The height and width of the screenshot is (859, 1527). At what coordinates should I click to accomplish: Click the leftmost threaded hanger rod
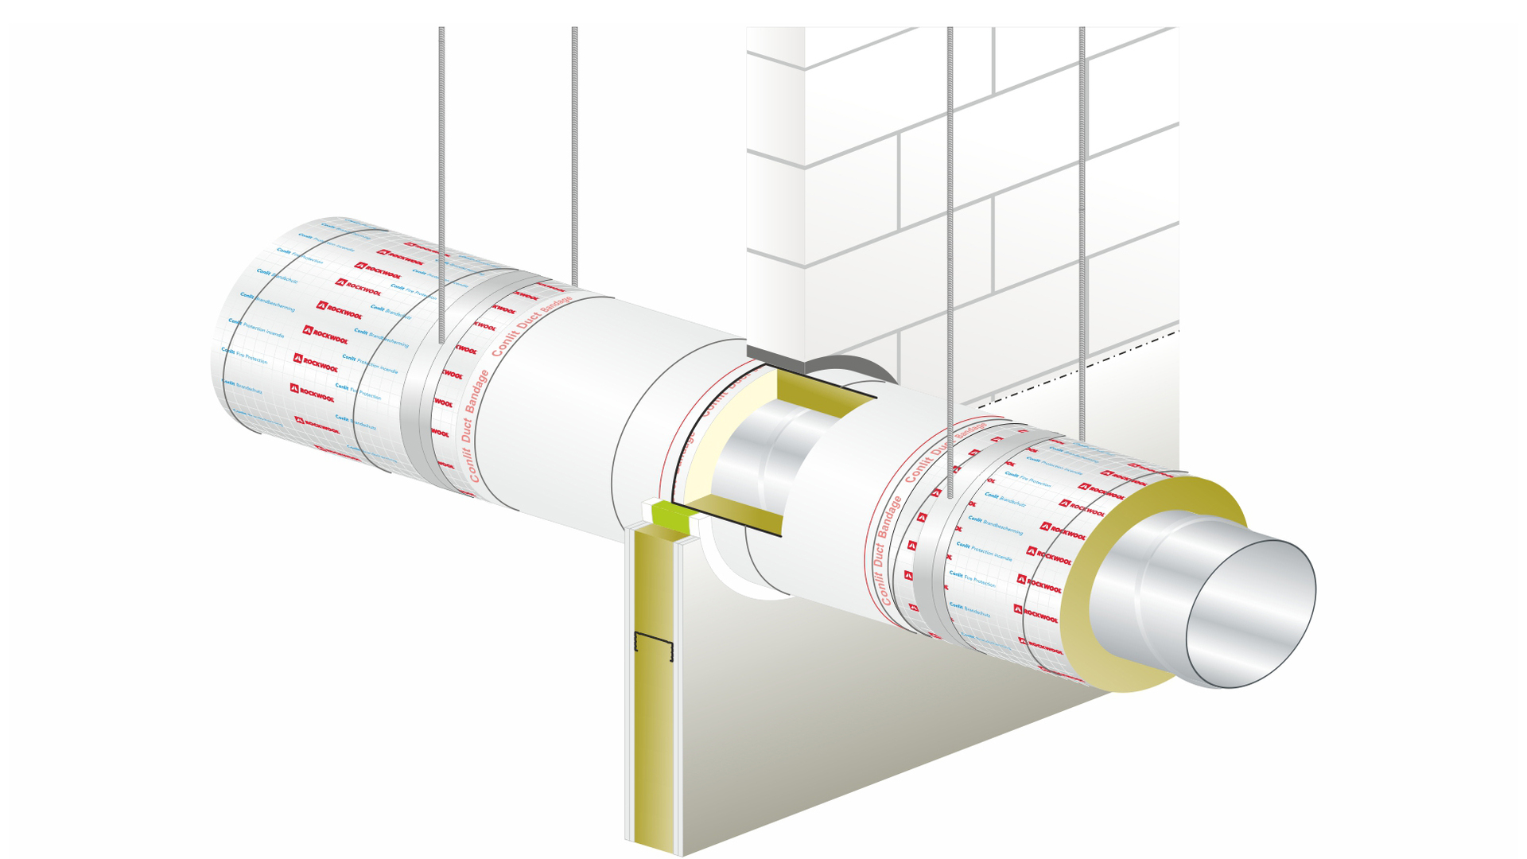click(x=441, y=159)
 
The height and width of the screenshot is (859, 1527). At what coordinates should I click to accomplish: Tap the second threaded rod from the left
click(x=574, y=159)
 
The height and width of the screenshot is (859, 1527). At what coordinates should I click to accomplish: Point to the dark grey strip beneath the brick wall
click(x=775, y=355)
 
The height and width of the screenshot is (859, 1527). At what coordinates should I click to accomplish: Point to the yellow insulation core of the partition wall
click(x=656, y=716)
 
